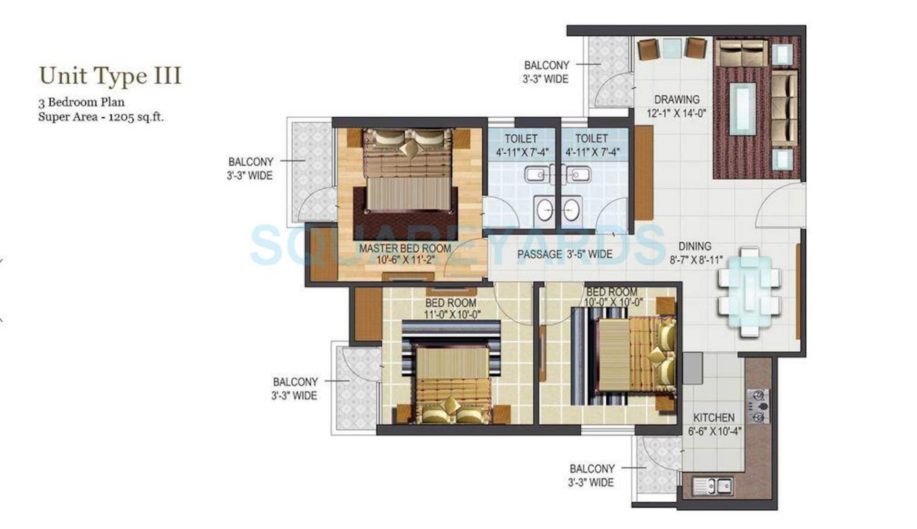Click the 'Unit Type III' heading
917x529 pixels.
(110, 76)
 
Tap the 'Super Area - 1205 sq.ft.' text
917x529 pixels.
(101, 117)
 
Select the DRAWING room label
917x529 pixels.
(677, 100)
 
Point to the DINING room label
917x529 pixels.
(695, 246)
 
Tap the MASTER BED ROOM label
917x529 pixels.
(405, 248)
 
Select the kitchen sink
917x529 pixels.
(713, 486)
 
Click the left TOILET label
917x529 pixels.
(521, 138)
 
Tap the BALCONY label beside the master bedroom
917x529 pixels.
(251, 162)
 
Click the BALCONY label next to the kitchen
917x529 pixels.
(592, 469)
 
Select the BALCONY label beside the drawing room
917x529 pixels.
(547, 65)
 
